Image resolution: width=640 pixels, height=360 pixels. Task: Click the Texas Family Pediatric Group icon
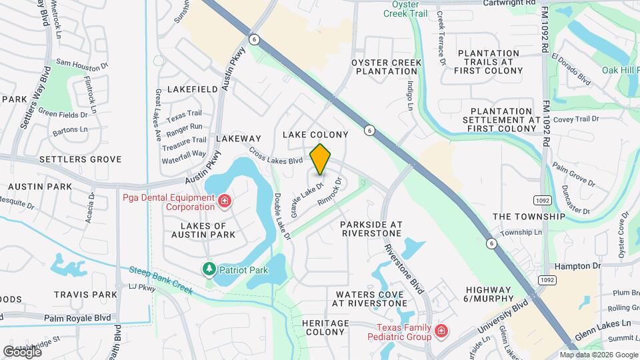pos(440,331)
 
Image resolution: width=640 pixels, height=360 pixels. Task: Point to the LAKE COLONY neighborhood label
pos(315,135)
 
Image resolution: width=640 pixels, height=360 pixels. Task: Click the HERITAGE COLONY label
pos(325,327)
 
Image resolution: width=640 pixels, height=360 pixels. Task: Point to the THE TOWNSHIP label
pos(528,217)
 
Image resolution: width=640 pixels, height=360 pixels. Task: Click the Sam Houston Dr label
pos(82,63)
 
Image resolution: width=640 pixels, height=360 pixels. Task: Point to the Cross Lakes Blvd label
pos(276,156)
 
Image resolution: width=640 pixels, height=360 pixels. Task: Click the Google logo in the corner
pos(22,351)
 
